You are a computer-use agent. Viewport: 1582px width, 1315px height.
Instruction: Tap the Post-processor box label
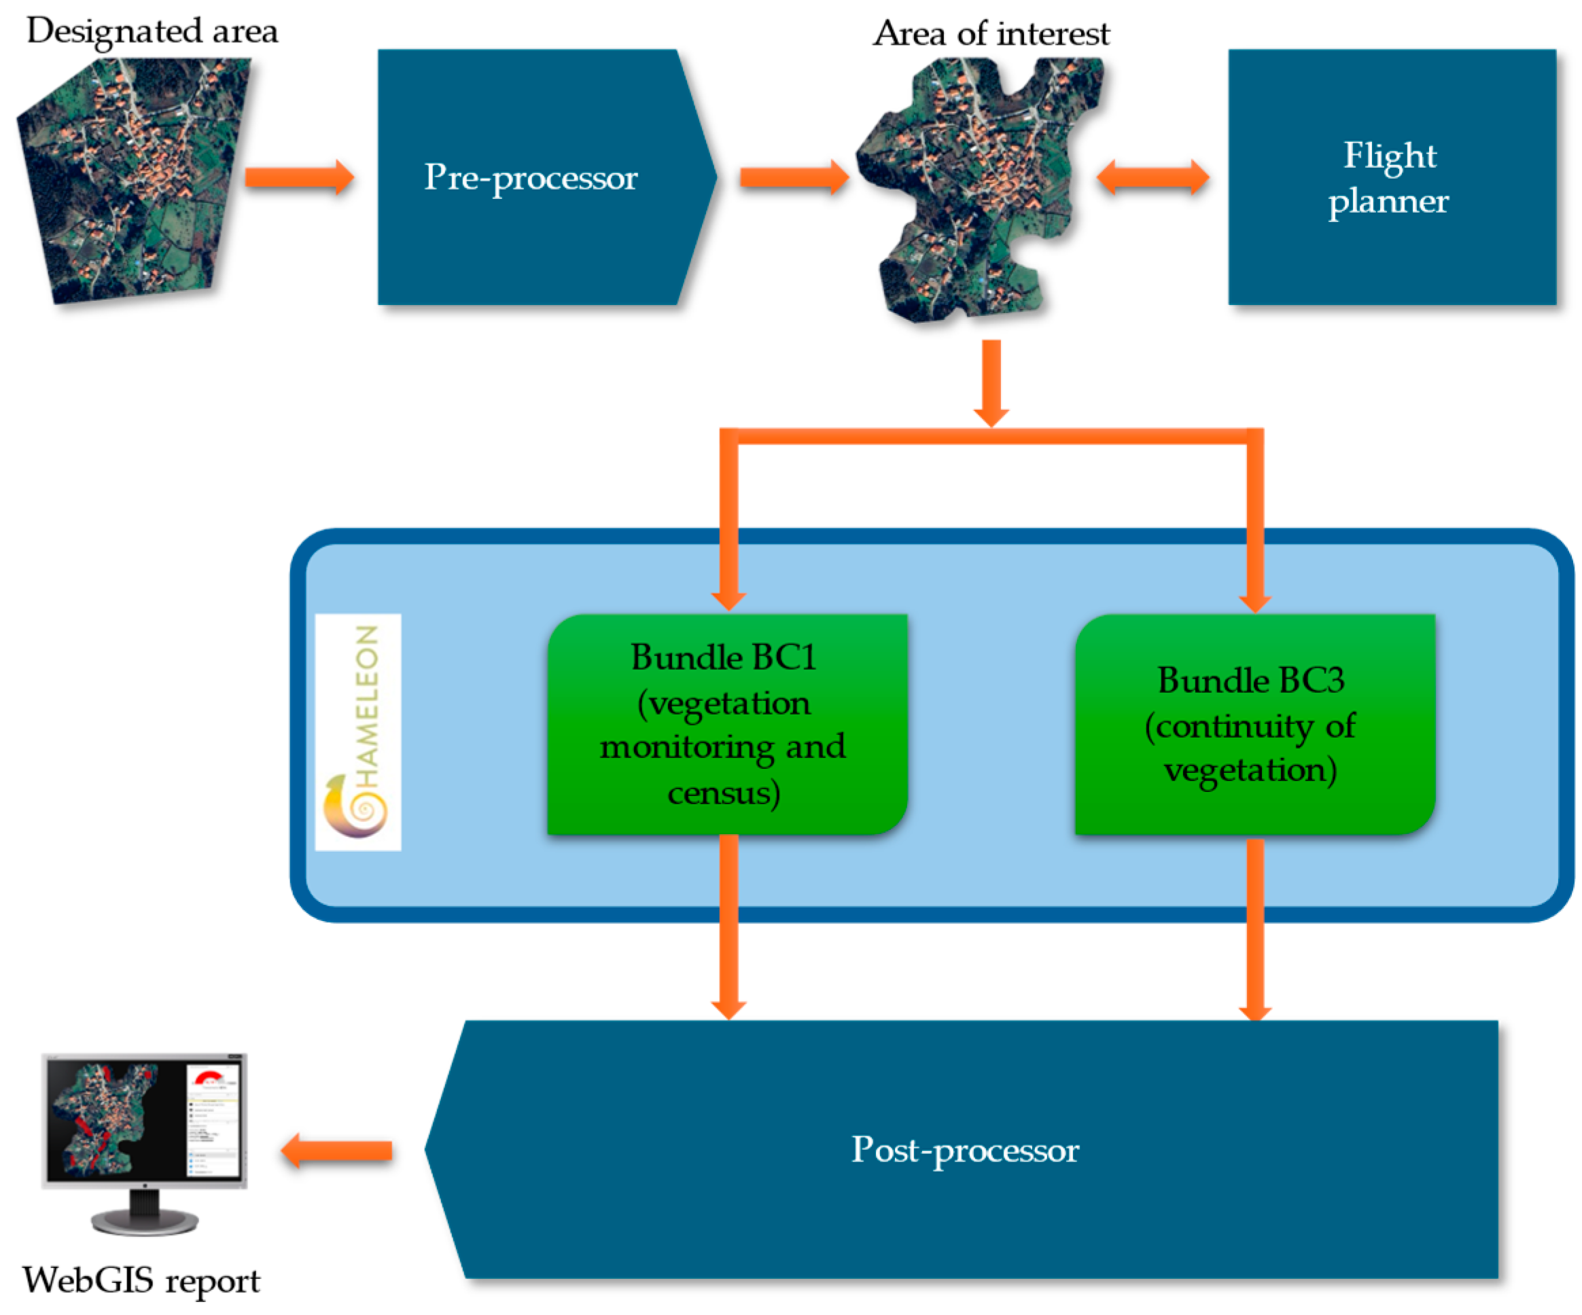coord(965,1150)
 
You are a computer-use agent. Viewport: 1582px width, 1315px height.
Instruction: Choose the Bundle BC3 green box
coord(1254,725)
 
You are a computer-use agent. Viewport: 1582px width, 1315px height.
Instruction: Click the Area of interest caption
coord(991,34)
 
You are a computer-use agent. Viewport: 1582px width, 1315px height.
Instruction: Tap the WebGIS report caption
coord(141,1280)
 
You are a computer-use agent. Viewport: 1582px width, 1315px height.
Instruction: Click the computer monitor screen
coord(143,1119)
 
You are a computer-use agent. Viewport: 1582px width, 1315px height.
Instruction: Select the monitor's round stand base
coord(145,1222)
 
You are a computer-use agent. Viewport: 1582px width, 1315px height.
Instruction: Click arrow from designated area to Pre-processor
coord(299,178)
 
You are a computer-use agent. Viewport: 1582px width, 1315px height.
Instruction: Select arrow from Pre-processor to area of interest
coord(794,178)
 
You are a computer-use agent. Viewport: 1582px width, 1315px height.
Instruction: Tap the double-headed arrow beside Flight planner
coord(1153,179)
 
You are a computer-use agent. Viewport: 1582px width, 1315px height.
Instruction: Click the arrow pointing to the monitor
coord(337,1151)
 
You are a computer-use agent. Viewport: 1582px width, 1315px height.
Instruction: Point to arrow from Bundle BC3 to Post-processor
coord(1255,930)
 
